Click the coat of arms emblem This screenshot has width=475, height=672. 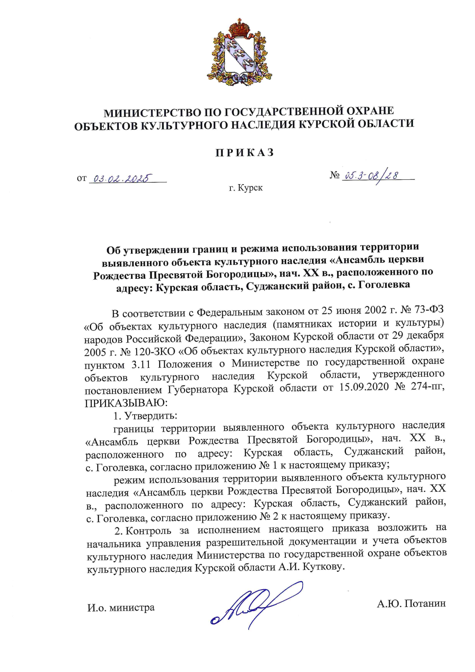pyautogui.click(x=239, y=53)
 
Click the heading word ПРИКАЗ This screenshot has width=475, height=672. pyautogui.click(x=245, y=153)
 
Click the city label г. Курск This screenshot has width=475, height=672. pyautogui.click(x=245, y=188)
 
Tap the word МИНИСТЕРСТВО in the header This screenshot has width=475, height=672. pyautogui.click(x=152, y=113)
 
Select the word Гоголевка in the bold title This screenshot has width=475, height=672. pyautogui.click(x=384, y=284)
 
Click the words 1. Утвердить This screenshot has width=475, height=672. pyautogui.click(x=145, y=416)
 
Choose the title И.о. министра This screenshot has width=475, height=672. pyautogui.click(x=121, y=607)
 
